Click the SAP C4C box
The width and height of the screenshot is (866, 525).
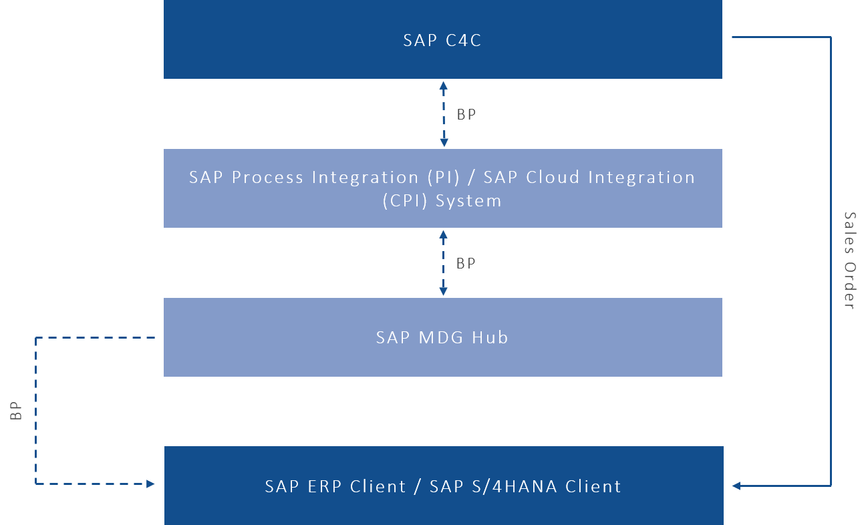442,40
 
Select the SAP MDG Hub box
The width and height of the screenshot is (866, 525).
442,337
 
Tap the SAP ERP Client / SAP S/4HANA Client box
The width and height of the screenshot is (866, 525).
442,486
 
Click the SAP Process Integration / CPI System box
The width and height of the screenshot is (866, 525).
442,188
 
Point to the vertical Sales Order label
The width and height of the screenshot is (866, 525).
849,260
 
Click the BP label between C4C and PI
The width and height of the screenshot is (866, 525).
466,115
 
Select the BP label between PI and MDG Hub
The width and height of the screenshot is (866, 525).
466,263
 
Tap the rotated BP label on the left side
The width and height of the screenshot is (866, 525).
17,411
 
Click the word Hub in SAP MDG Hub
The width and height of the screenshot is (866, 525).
490,337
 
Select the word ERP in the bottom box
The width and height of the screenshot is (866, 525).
323,486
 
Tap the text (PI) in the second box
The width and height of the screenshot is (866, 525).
442,178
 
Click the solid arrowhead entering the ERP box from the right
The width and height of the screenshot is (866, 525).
736,486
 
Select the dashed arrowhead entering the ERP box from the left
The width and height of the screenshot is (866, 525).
151,484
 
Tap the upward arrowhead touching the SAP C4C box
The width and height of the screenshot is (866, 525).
443,85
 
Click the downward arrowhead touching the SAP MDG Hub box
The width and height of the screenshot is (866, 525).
443,291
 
